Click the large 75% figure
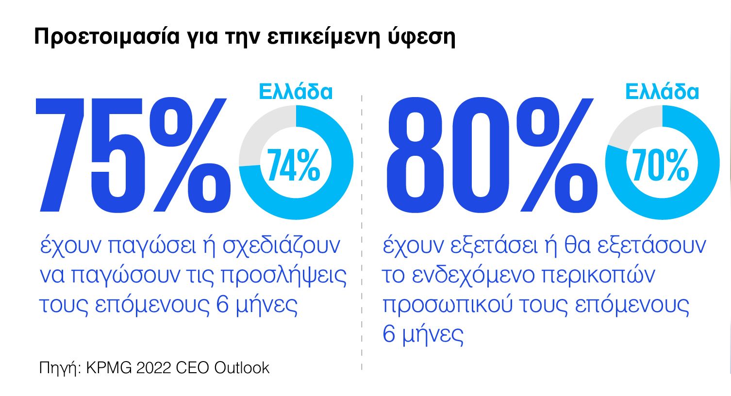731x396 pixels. (x=131, y=155)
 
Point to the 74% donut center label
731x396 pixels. (x=294, y=165)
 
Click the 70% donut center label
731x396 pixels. (x=661, y=165)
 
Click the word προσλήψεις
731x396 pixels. (x=284, y=276)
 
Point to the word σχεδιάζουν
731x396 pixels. (x=282, y=246)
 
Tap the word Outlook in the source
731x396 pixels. (x=242, y=367)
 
